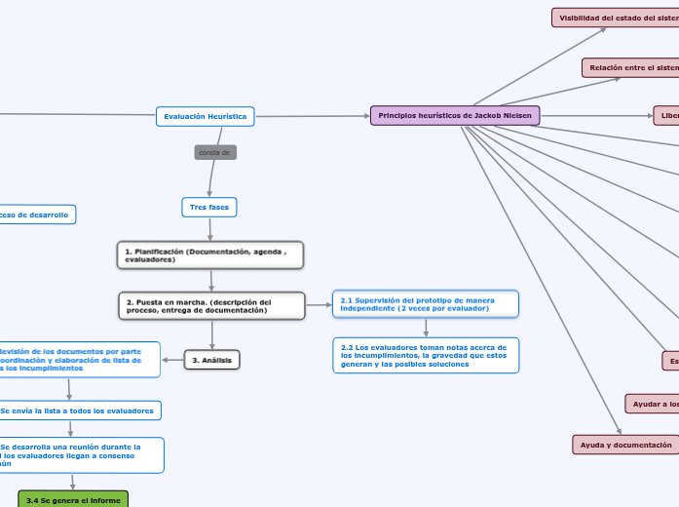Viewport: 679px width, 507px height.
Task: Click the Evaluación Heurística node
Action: pos(205,117)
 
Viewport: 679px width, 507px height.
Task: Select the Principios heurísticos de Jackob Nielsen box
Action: pos(455,115)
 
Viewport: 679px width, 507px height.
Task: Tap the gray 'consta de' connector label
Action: pos(215,153)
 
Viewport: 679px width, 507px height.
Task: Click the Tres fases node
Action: pos(209,208)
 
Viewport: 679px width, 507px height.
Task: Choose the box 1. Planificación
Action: pos(209,255)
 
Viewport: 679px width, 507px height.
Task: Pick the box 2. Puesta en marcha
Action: pos(211,306)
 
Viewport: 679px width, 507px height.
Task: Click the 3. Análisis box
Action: pos(211,361)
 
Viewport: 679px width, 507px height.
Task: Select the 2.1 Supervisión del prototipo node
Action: pos(425,304)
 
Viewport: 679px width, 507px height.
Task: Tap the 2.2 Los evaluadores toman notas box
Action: pos(425,356)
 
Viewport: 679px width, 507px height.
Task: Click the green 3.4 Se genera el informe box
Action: pos(72,500)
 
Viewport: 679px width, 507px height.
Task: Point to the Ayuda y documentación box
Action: pos(625,445)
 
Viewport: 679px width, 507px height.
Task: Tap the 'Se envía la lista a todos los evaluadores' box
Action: pos(78,410)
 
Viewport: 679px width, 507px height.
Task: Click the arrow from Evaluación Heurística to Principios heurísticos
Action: pos(312,116)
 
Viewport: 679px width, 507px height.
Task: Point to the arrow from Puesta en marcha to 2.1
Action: pos(320,305)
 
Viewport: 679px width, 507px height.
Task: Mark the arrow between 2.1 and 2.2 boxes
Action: pos(426,328)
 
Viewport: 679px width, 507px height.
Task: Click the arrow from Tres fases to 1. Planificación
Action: pos(209,229)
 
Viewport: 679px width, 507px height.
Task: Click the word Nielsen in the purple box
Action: pos(517,115)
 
